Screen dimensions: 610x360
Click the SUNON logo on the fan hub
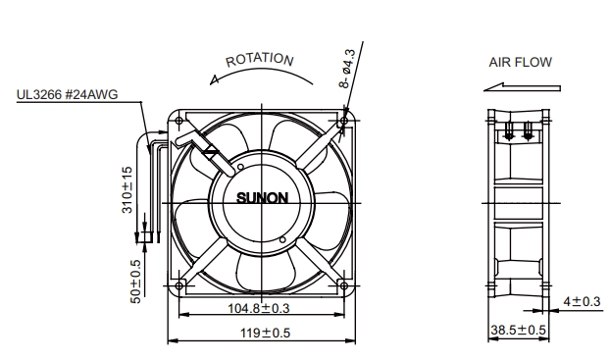click(x=262, y=198)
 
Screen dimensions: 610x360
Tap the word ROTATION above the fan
click(x=259, y=60)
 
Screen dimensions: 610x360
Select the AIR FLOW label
click(x=520, y=62)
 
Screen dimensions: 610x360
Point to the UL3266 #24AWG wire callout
click(x=67, y=94)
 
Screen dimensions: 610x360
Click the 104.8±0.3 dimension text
click(x=259, y=308)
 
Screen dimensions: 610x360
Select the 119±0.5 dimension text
click(x=265, y=334)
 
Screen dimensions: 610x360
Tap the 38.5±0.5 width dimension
click(x=518, y=330)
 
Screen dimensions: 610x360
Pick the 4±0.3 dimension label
click(x=582, y=301)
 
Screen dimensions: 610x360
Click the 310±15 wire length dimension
click(x=127, y=190)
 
